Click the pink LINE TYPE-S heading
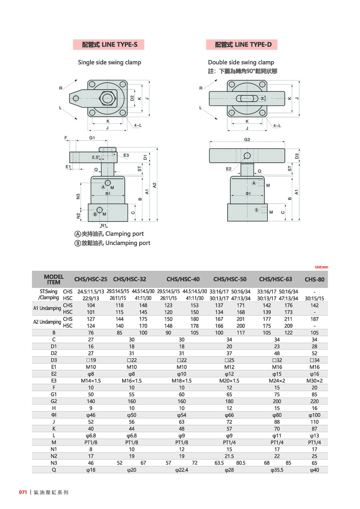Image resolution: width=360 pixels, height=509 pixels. click(109, 45)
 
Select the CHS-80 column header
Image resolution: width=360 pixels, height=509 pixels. click(314, 279)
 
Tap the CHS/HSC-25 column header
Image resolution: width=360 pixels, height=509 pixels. click(91, 279)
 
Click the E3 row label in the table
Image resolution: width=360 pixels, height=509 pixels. click(54, 380)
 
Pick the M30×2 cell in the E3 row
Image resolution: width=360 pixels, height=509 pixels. click(314, 380)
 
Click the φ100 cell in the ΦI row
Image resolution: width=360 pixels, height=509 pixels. click(314, 415)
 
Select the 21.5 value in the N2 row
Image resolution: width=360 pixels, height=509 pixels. click(229, 456)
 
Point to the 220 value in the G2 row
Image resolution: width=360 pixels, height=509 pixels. click(314, 401)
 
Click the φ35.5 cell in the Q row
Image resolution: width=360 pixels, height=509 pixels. click(277, 470)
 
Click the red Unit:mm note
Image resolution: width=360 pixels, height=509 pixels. click(321, 267)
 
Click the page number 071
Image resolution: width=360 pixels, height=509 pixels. click(23, 492)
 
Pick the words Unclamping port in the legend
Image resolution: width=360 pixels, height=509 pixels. click(128, 243)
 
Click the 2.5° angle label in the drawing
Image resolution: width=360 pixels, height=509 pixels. click(96, 158)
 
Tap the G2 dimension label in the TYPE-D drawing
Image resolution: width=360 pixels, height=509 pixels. click(247, 140)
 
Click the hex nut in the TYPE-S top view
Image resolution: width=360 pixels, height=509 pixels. click(108, 98)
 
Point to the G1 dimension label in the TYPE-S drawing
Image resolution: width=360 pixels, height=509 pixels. click(92, 138)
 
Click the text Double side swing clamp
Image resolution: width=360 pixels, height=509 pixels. click(241, 62)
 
